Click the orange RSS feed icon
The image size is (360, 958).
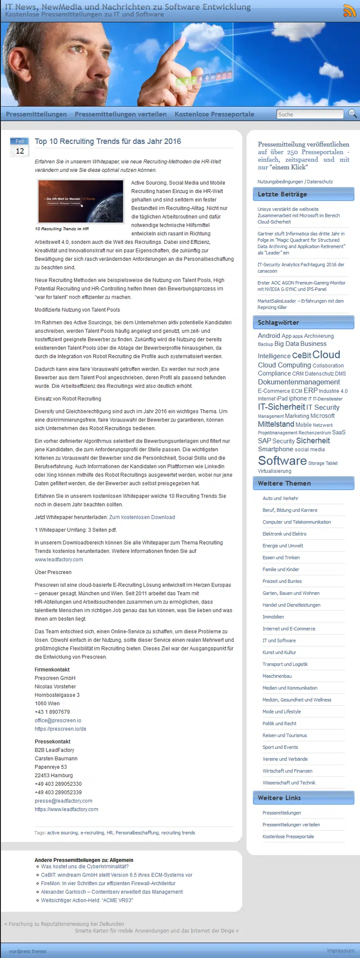click(x=349, y=11)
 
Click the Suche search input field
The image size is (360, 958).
click(x=310, y=114)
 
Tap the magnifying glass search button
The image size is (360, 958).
click(x=352, y=114)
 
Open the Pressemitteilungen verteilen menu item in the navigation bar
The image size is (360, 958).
click(x=121, y=114)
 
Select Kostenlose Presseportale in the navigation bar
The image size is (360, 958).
click(x=214, y=114)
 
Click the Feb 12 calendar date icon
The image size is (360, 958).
click(x=19, y=147)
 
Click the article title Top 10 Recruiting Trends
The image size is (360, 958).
click(x=108, y=141)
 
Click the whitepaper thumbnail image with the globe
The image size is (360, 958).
click(x=81, y=201)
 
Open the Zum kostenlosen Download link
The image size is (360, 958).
click(x=142, y=517)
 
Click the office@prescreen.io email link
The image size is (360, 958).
click(x=58, y=721)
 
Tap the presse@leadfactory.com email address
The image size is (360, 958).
click(x=63, y=801)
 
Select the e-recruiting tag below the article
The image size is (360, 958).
click(x=92, y=833)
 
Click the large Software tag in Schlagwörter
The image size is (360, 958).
click(x=282, y=461)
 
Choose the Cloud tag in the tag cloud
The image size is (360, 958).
click(x=326, y=355)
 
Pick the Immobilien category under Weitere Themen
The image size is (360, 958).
click(x=273, y=617)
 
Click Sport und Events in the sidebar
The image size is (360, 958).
click(x=280, y=748)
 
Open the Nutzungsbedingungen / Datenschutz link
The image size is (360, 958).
click(x=295, y=182)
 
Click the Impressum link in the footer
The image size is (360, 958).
click(x=340, y=951)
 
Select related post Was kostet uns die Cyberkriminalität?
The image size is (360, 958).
click(x=85, y=867)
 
